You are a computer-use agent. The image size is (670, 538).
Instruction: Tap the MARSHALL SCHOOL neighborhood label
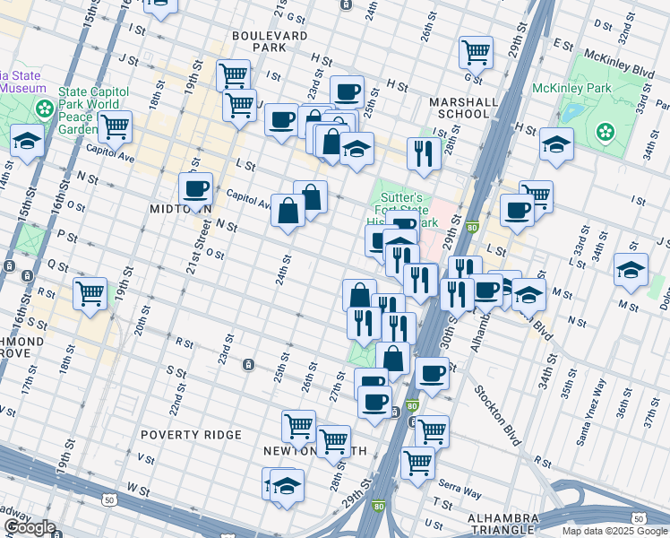pyautogui.click(x=463, y=108)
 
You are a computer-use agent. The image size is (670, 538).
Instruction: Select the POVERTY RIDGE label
pyautogui.click(x=191, y=435)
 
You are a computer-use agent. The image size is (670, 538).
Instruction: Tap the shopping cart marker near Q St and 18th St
pyautogui.click(x=90, y=292)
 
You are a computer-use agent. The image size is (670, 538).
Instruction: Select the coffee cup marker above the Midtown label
pyautogui.click(x=196, y=188)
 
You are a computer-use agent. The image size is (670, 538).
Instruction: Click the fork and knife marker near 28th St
pyautogui.click(x=423, y=152)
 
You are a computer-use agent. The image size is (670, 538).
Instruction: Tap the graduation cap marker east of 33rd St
pyautogui.click(x=631, y=269)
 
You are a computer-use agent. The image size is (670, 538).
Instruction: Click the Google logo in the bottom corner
pyautogui.click(x=30, y=527)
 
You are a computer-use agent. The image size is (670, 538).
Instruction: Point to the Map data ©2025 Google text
pyautogui.click(x=614, y=531)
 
